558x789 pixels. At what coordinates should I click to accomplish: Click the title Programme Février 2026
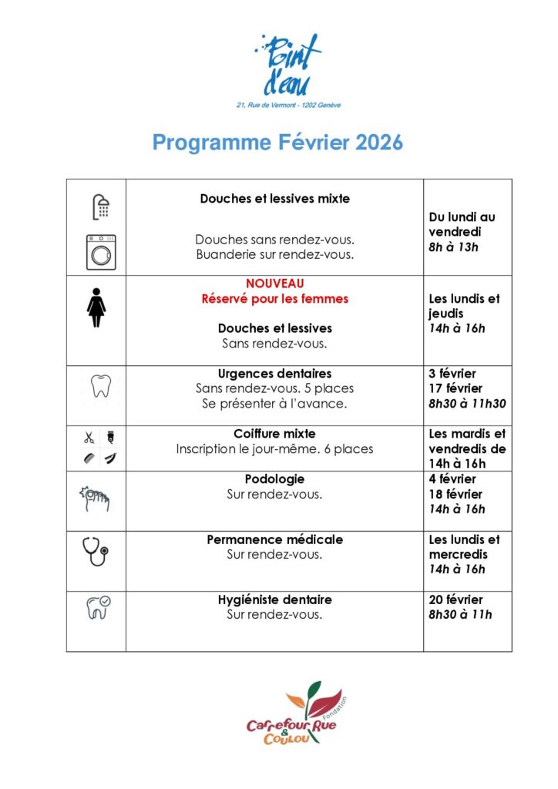[277, 143]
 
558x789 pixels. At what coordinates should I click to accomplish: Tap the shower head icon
[100, 206]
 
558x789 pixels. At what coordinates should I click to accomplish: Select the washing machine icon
[100, 251]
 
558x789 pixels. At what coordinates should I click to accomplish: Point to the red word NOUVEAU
[275, 284]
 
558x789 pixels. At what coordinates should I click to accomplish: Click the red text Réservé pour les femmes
[275, 298]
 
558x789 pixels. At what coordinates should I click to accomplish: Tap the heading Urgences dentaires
[275, 374]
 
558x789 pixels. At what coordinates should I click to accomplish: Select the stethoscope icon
[96, 551]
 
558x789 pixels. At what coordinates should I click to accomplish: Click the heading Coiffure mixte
[275, 434]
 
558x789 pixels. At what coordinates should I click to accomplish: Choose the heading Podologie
[275, 479]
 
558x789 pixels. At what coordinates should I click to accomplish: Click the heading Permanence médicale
[275, 539]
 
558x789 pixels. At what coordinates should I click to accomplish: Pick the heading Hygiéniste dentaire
[275, 599]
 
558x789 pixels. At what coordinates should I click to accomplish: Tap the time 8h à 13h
[453, 247]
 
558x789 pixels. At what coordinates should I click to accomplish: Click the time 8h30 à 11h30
[467, 403]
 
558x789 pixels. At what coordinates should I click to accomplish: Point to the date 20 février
[455, 599]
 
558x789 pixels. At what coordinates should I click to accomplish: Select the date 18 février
[455, 494]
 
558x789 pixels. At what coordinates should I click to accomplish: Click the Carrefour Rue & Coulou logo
[297, 713]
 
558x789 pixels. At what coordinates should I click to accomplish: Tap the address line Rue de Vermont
[288, 104]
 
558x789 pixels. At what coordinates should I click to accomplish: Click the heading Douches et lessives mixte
[275, 199]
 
